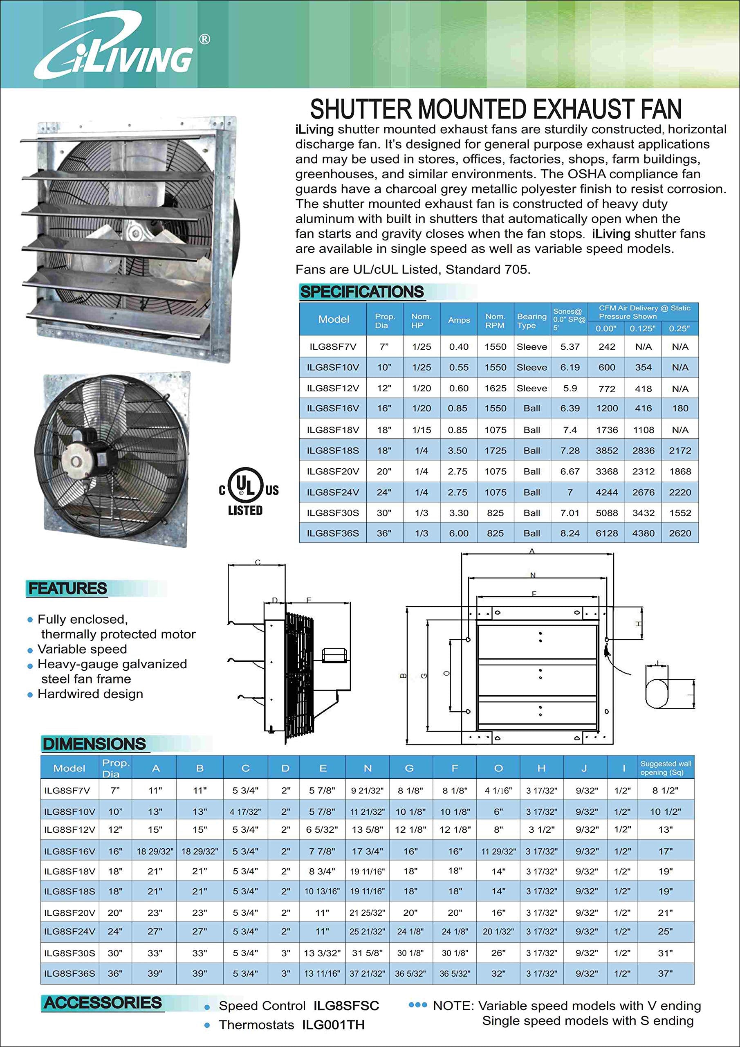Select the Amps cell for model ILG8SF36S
click(458, 533)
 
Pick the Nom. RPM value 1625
click(495, 388)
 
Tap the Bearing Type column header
click(531, 321)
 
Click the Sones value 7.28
click(570, 451)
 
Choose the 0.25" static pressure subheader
click(679, 328)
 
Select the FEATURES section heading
click(67, 588)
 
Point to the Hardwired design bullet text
click(90, 694)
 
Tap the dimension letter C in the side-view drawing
click(258, 562)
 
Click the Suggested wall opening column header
click(665, 768)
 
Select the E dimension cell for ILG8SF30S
click(322, 953)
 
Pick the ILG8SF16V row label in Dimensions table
click(70, 852)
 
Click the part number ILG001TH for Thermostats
click(333, 1025)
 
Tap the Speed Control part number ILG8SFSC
click(346, 1006)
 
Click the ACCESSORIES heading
click(103, 1003)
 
